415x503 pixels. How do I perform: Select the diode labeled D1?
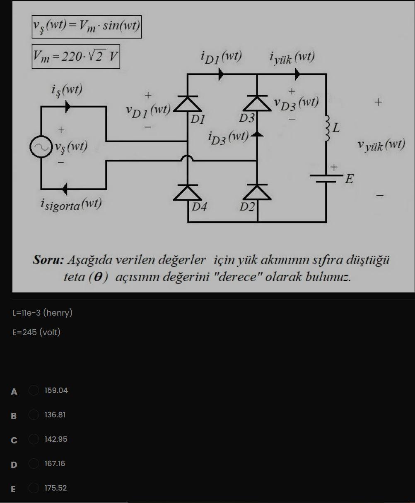point(188,103)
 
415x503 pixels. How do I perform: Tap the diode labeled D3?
point(257,103)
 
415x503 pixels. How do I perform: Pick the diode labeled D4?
point(188,193)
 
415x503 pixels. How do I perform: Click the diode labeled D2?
point(257,193)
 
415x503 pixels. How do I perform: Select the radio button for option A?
point(34,390)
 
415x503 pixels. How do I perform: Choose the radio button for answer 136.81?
point(34,415)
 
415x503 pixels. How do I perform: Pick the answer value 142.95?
point(56,439)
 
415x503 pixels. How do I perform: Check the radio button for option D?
point(34,464)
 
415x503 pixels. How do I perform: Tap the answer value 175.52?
point(56,488)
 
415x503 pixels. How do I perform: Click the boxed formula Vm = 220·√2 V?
point(76,56)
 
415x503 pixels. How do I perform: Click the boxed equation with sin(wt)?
point(87,27)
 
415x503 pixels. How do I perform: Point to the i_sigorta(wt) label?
point(71,204)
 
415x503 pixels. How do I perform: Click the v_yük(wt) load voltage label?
point(381,145)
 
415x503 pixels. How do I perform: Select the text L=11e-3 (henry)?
point(43,313)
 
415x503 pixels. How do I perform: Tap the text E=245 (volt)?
point(36,332)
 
